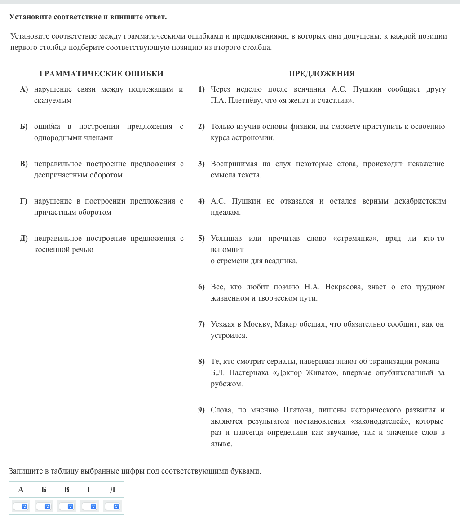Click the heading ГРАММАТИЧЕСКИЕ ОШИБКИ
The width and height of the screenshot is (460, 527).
click(x=102, y=74)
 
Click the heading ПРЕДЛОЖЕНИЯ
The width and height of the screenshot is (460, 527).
click(x=322, y=74)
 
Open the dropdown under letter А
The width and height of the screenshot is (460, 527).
click(x=21, y=506)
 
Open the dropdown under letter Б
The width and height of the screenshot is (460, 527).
click(x=44, y=506)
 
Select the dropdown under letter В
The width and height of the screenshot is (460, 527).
click(x=67, y=506)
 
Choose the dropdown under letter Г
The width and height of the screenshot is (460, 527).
click(x=90, y=506)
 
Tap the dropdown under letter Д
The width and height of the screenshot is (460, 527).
click(x=113, y=506)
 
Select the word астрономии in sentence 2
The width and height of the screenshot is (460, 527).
click(x=254, y=138)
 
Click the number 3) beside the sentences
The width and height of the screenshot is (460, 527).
click(x=202, y=164)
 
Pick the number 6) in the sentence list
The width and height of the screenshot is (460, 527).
click(x=202, y=287)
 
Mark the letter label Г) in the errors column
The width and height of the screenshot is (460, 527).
click(x=24, y=201)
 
